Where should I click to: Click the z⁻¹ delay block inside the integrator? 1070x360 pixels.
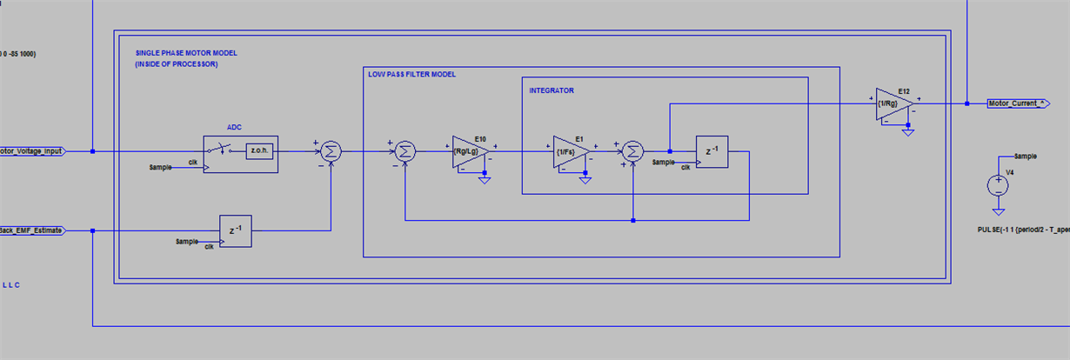point(711,151)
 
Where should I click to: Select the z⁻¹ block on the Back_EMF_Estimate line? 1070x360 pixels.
point(235,230)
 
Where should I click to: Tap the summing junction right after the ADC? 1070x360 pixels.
point(330,151)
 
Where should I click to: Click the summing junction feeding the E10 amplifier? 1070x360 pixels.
point(405,151)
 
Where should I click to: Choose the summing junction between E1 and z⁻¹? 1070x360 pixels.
point(634,151)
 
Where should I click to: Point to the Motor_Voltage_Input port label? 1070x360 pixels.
point(31,150)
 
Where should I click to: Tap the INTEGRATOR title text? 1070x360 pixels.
point(552,90)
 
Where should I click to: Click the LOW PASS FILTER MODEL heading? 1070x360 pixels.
point(411,75)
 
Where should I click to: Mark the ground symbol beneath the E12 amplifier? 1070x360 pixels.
point(907,132)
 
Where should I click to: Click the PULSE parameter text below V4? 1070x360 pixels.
point(1023,230)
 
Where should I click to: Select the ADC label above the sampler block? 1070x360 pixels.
point(234,125)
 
